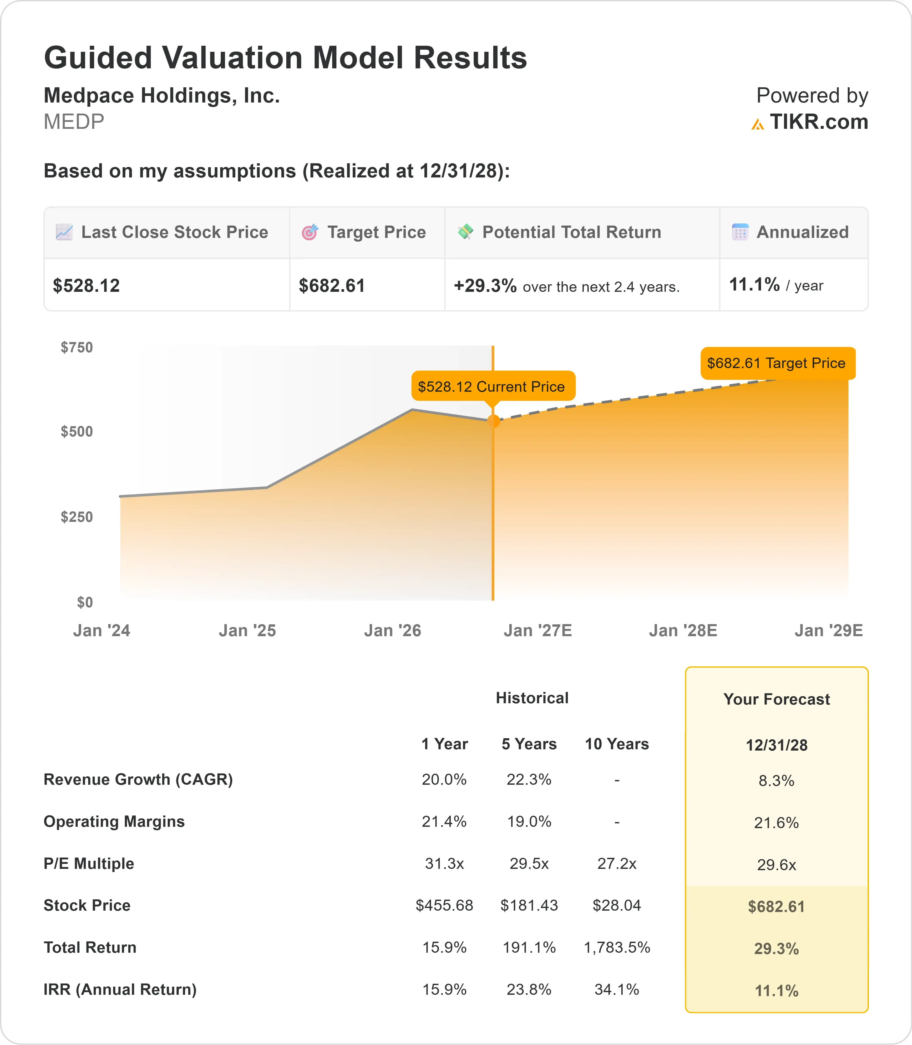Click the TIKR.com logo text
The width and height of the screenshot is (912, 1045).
[x=818, y=122]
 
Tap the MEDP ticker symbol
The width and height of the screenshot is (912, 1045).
[x=74, y=122]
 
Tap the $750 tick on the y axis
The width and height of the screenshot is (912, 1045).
[x=77, y=348]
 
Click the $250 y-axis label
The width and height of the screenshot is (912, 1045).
[x=77, y=517]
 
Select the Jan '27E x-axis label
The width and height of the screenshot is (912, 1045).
[x=538, y=631]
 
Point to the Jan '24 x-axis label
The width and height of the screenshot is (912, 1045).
[x=102, y=631]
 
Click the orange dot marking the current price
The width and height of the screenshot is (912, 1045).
[x=493, y=421]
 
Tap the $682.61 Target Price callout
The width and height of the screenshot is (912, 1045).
[x=778, y=363]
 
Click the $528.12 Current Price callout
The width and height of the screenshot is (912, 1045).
[x=493, y=387]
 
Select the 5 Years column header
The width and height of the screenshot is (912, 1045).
[x=529, y=744]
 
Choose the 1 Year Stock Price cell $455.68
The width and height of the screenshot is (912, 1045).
[x=444, y=906]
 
